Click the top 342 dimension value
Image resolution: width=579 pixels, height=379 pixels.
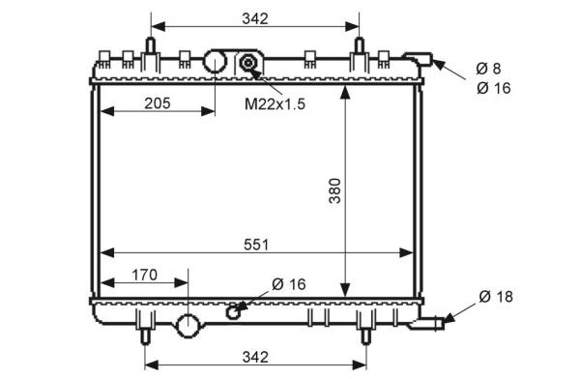255,18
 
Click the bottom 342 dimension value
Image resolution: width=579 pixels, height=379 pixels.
255,357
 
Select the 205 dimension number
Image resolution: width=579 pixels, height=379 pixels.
158,103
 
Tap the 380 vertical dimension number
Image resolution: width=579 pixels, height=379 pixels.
335,190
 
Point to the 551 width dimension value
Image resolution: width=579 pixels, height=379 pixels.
256,245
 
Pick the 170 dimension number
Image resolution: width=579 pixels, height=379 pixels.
144,275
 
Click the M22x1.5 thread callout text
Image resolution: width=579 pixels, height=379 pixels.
275,104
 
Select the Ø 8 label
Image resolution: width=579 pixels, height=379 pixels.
488,69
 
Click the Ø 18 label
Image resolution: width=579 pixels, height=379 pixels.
496,296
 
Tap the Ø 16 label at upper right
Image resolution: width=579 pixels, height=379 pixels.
493,88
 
